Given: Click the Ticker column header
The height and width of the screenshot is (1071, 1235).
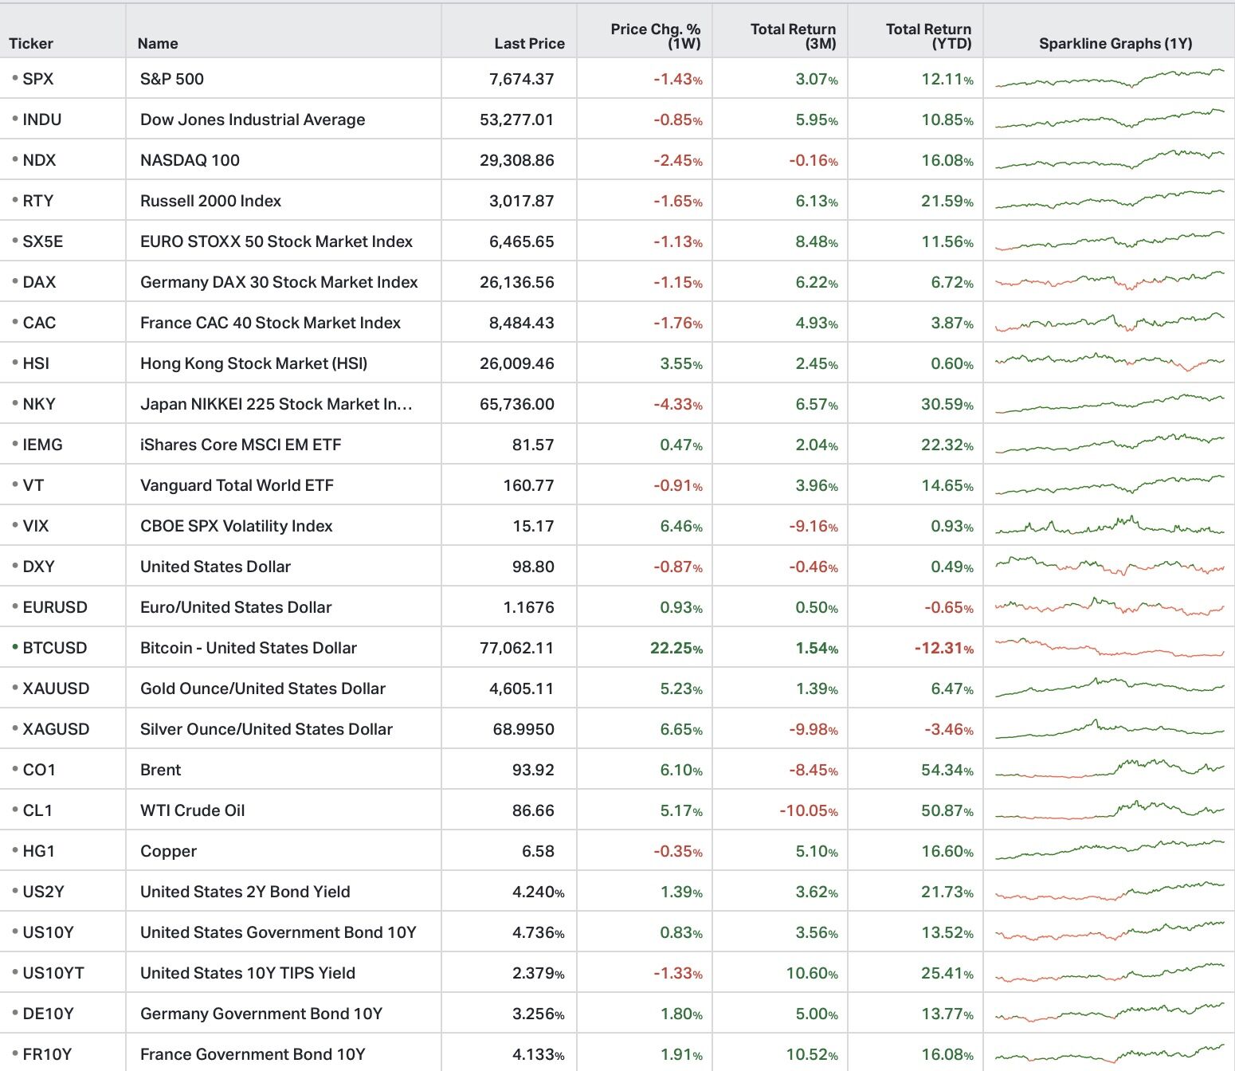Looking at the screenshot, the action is [31, 44].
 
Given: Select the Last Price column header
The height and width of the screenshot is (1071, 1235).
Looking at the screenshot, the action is [529, 44].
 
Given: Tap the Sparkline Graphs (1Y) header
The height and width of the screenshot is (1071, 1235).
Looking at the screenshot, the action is [1115, 44].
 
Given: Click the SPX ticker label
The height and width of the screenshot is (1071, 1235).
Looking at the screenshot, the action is [37, 79].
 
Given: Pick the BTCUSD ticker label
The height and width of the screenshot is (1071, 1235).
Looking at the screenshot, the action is [55, 648].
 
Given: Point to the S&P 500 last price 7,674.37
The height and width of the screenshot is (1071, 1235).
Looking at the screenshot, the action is [522, 79].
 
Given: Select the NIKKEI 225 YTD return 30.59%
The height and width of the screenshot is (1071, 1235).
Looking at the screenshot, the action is [947, 404].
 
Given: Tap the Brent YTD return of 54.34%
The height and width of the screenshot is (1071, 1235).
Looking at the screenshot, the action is [947, 770].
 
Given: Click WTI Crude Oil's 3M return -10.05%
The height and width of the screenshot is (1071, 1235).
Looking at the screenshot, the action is [809, 810].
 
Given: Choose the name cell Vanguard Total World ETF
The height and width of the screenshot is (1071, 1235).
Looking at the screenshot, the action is [237, 485].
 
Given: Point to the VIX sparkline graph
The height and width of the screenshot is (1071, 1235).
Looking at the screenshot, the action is [1110, 525].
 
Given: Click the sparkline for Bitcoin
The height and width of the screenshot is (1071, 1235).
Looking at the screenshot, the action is [1110, 648].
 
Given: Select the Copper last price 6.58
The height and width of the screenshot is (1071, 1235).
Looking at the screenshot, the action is [538, 851].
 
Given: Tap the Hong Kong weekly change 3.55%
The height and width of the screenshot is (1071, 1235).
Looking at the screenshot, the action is [681, 363].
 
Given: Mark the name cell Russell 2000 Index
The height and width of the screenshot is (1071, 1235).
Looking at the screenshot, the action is [210, 201].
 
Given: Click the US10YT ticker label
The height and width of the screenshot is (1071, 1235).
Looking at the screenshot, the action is [53, 973].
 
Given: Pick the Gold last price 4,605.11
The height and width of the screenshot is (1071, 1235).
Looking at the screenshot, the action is [522, 688].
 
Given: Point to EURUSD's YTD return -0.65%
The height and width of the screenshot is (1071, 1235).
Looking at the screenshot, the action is [949, 607].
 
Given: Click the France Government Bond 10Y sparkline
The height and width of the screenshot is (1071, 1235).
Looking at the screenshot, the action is [1110, 1053].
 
